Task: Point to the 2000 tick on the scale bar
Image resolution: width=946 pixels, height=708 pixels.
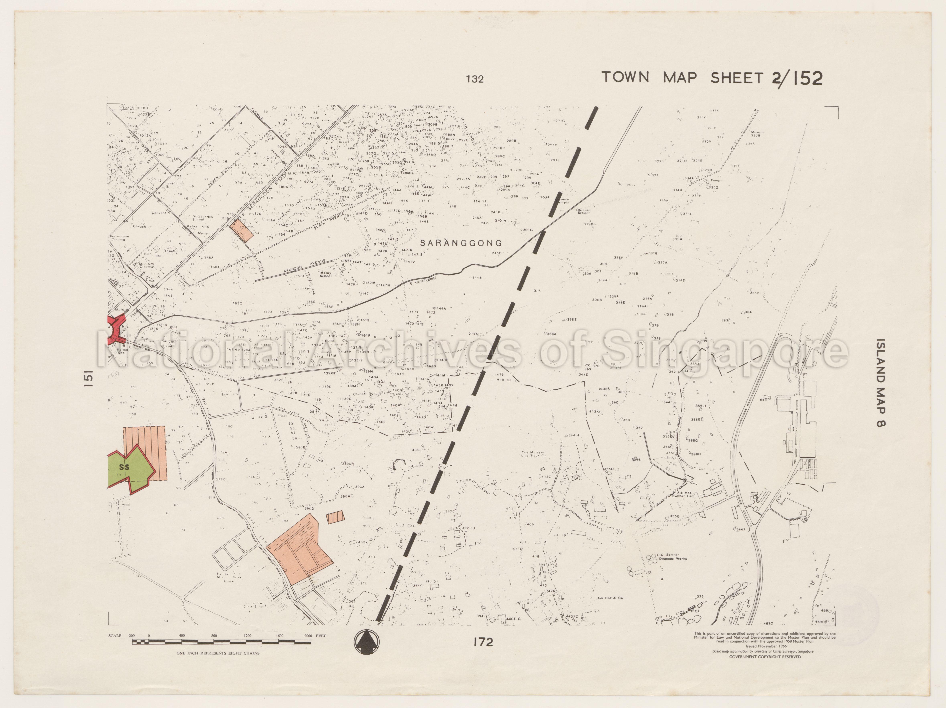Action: coord(308,636)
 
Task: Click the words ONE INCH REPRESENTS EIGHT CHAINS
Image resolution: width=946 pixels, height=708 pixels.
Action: coord(218,653)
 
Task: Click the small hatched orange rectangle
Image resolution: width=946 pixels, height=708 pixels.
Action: coord(335,518)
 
